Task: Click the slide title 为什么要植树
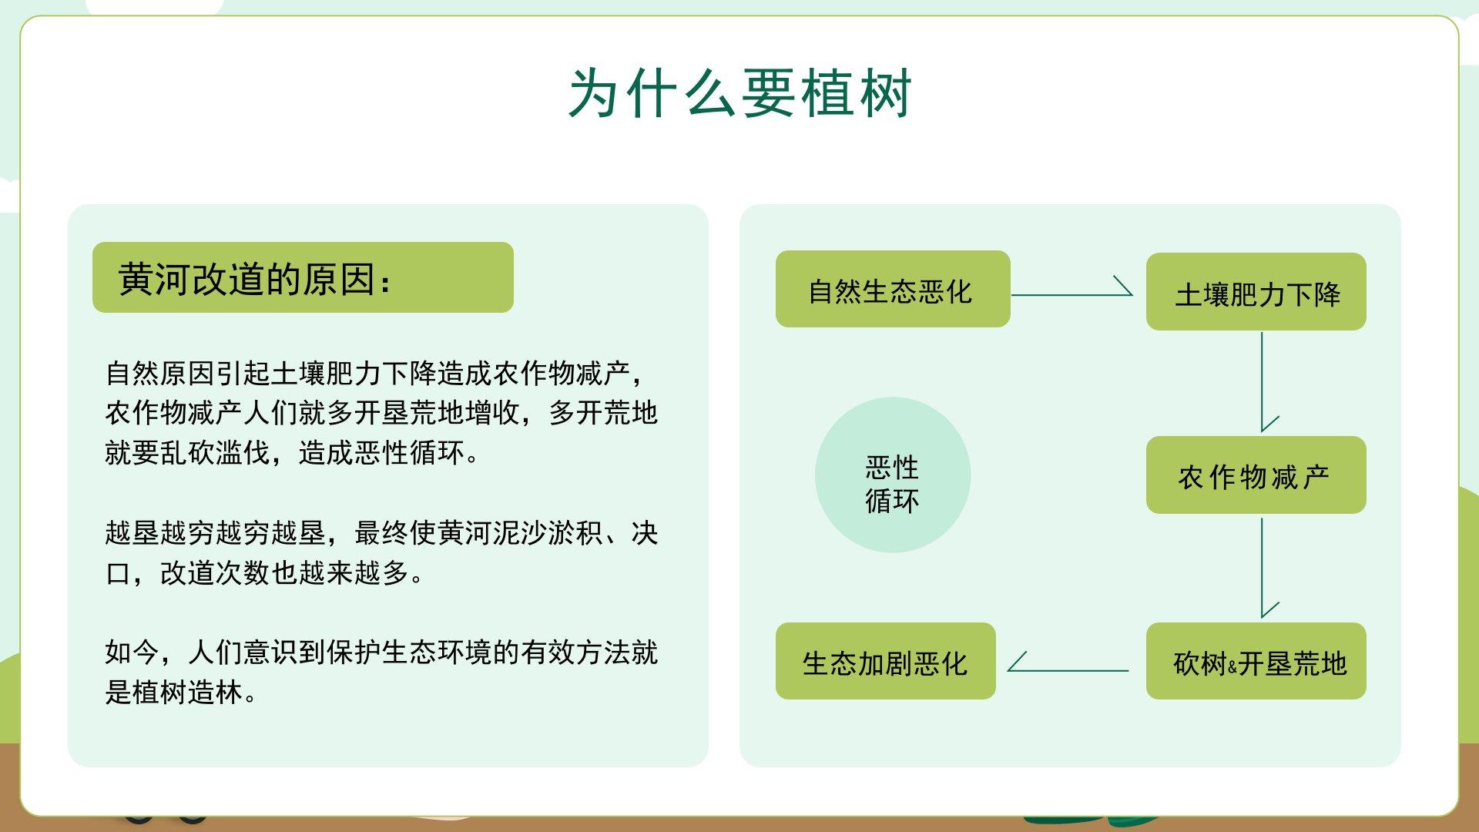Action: coord(739,93)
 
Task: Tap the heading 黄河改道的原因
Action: coord(255,278)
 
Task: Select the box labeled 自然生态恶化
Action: coord(893,289)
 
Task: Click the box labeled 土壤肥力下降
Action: coord(1256,291)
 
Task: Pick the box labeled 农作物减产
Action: coord(1256,475)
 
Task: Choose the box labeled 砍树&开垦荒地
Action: coord(1256,661)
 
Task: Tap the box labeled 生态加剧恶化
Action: coord(885,661)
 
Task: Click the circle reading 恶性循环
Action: coord(893,475)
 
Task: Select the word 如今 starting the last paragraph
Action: coord(132,653)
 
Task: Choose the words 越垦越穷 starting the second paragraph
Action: coord(160,532)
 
